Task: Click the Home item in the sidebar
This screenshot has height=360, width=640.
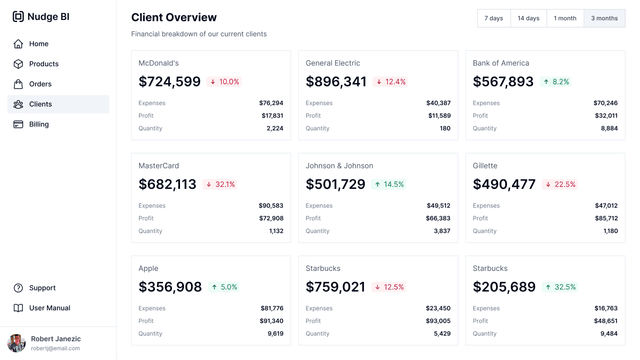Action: pyautogui.click(x=38, y=44)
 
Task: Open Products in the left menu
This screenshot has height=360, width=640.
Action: pyautogui.click(x=43, y=64)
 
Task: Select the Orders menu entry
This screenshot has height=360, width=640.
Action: pyautogui.click(x=40, y=84)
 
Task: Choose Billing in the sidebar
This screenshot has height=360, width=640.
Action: pyautogui.click(x=38, y=124)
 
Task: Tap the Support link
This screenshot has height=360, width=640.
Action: pyautogui.click(x=42, y=288)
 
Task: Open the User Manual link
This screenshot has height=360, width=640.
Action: pyautogui.click(x=49, y=308)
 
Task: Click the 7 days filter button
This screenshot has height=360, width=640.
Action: pyautogui.click(x=494, y=18)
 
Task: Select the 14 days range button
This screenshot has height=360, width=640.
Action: pyautogui.click(x=528, y=18)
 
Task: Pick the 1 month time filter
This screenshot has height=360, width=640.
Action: pyautogui.click(x=565, y=18)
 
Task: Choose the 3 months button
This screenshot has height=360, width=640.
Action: pyautogui.click(x=604, y=18)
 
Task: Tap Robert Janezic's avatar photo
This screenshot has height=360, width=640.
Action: pyautogui.click(x=16, y=343)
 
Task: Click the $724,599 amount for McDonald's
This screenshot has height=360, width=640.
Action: pyautogui.click(x=169, y=82)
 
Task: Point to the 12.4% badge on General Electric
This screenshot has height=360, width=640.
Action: pyautogui.click(x=391, y=82)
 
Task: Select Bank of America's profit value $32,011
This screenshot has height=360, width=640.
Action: pyautogui.click(x=605, y=115)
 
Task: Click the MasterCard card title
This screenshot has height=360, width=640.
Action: pyautogui.click(x=158, y=166)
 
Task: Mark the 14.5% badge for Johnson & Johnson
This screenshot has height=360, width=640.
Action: pyautogui.click(x=388, y=185)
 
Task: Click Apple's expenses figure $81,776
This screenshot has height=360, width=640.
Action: pyautogui.click(x=271, y=308)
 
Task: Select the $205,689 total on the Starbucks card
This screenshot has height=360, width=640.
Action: pyautogui.click(x=504, y=287)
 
